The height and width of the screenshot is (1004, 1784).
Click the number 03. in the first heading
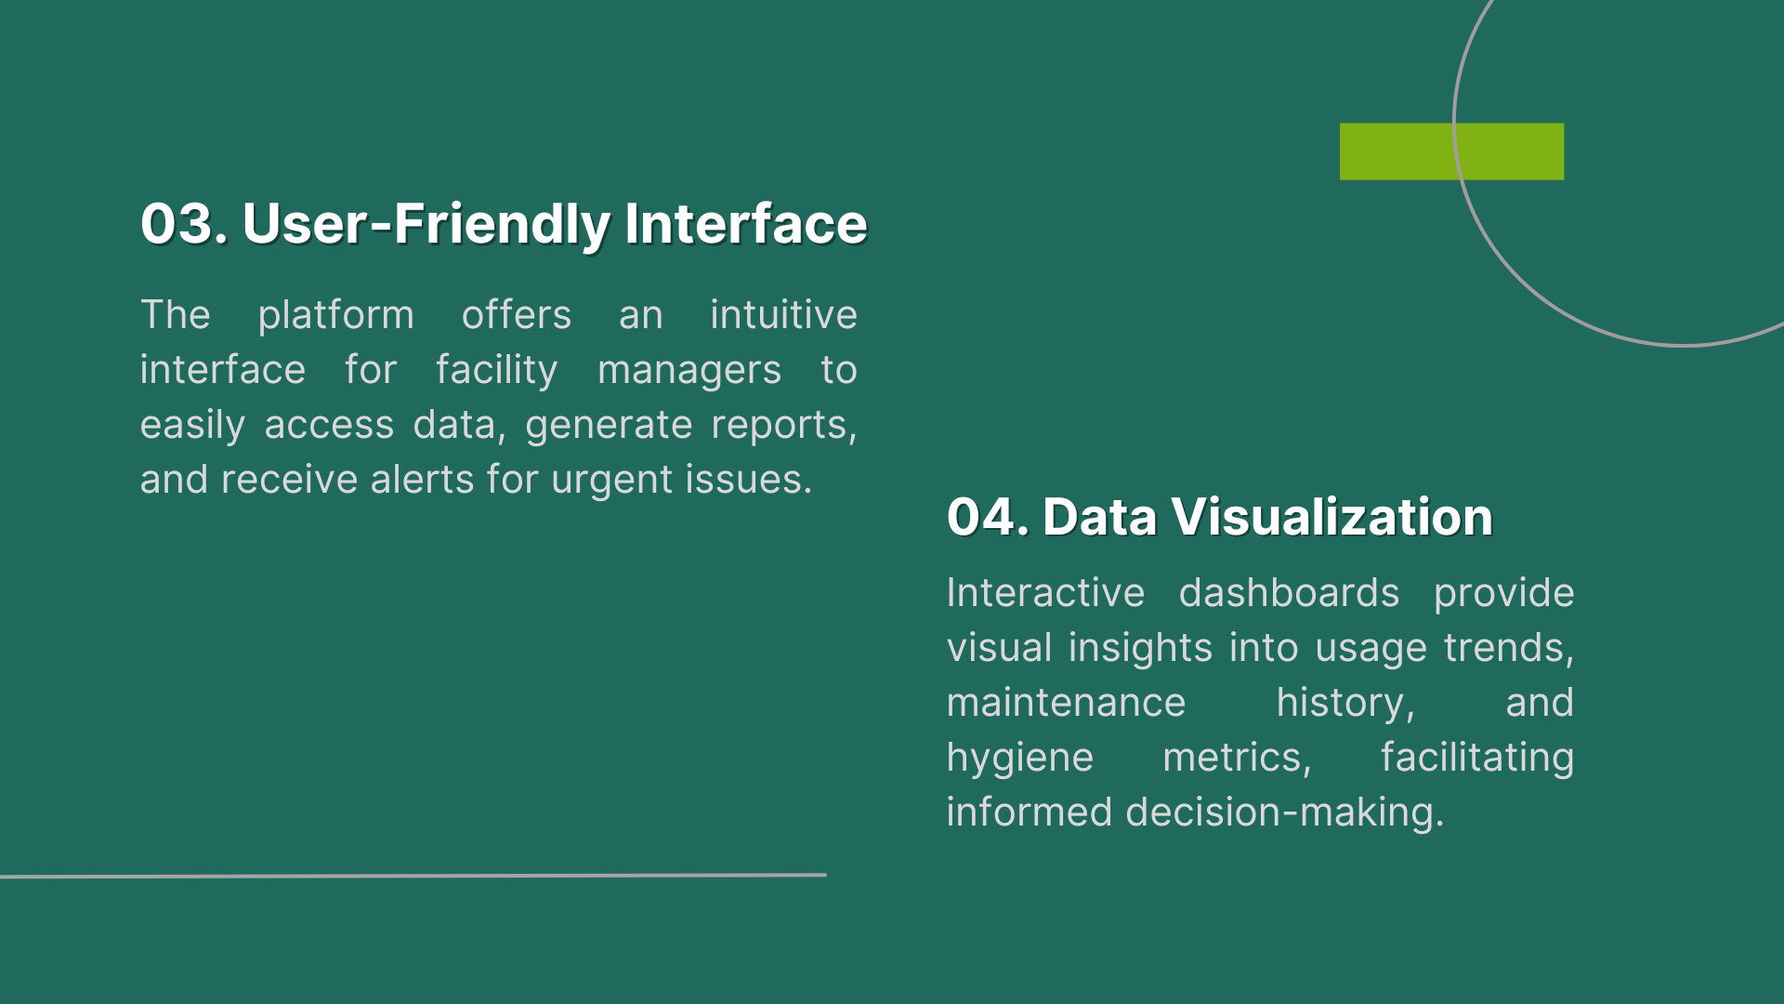[x=184, y=224]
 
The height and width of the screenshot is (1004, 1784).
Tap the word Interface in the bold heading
[x=746, y=224]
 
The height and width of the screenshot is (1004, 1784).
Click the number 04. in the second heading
[x=988, y=517]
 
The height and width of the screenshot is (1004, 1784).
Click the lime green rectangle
[x=1451, y=152]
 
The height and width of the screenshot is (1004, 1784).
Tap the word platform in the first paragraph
[x=335, y=316]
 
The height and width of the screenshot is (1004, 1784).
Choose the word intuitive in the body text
[x=783, y=314]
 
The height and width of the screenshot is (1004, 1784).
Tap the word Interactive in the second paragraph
[x=1045, y=593]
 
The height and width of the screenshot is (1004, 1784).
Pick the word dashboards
[x=1289, y=593]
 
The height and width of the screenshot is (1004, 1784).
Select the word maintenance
[x=1066, y=704]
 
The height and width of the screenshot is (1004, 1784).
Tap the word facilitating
[x=1476, y=759]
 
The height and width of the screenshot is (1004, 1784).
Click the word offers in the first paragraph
[x=517, y=314]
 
